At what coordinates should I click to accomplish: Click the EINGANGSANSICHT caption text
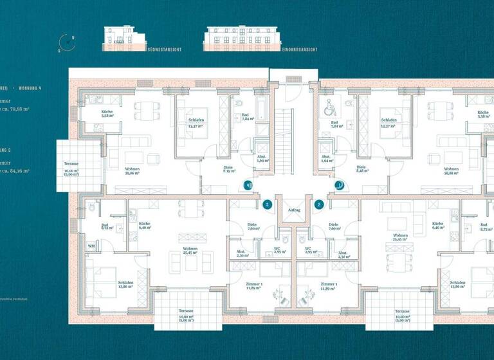(x=297, y=49)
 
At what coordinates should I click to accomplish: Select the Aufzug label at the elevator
(x=295, y=210)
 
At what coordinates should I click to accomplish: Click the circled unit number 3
(x=268, y=205)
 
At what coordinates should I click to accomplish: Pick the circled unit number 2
(x=319, y=205)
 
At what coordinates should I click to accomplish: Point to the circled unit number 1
(x=340, y=185)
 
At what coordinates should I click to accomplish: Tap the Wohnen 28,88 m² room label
(x=455, y=171)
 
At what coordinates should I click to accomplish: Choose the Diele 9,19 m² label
(x=228, y=170)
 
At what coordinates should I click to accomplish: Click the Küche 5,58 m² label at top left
(x=107, y=115)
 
